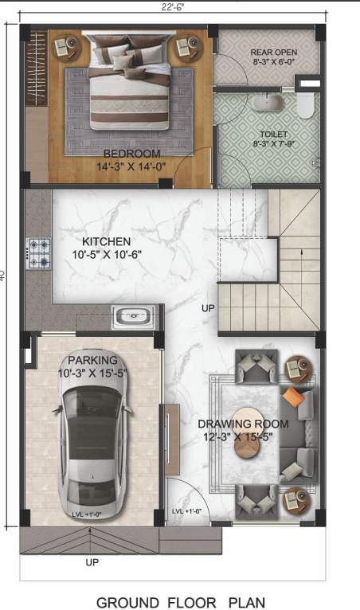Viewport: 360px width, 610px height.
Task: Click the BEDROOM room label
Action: coord(131,153)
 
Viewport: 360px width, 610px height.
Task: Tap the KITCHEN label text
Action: coord(106,241)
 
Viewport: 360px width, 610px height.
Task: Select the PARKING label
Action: coord(92,359)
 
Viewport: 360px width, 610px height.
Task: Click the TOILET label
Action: coord(273,135)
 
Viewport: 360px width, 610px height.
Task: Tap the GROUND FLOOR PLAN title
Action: coord(181,602)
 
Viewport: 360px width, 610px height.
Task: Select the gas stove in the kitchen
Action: coord(39,252)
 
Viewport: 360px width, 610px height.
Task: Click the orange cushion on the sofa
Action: coord(293,397)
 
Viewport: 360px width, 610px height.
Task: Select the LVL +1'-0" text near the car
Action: coord(88,514)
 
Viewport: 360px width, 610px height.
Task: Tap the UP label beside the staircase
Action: coord(208,307)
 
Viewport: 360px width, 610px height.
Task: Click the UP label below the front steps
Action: coord(92,562)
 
